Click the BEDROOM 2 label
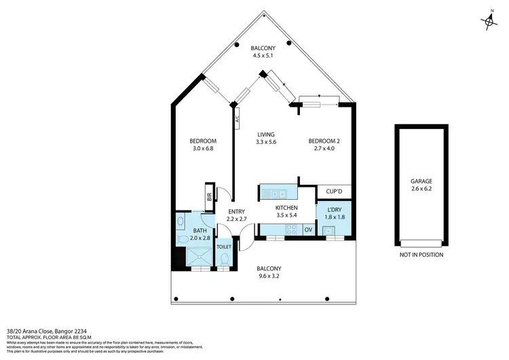pos(324,141)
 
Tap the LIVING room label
pos(266,134)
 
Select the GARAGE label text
pos(421,181)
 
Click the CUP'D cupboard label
pos(334,192)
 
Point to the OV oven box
pos(307,230)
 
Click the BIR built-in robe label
pos(210,198)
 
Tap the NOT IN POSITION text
pos(421,255)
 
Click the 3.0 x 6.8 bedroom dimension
pos(203,149)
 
